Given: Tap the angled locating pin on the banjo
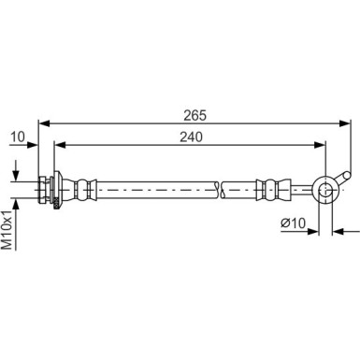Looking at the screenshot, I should pos(344,176).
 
